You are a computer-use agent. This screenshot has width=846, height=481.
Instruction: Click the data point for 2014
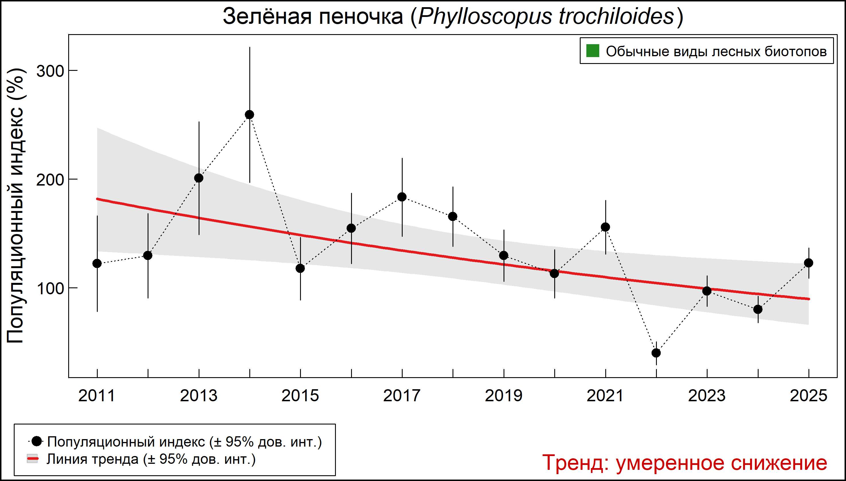pyautogui.click(x=250, y=115)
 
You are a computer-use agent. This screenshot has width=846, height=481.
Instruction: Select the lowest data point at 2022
pyautogui.click(x=656, y=353)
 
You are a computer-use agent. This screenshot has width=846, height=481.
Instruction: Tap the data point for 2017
pyautogui.click(x=402, y=197)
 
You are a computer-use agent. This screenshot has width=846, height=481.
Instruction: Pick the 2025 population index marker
pyautogui.click(x=809, y=263)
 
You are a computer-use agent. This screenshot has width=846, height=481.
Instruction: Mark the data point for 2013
pyautogui.click(x=199, y=178)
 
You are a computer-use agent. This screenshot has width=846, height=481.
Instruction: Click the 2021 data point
pyautogui.click(x=605, y=227)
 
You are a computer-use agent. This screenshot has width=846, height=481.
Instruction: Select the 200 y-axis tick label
pyautogui.click(x=50, y=180)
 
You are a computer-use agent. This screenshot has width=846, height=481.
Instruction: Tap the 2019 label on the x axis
pyautogui.click(x=504, y=396)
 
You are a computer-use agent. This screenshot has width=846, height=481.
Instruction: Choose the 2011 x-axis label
pyautogui.click(x=97, y=396)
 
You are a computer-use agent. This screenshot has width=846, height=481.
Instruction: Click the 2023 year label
pyautogui.click(x=707, y=396)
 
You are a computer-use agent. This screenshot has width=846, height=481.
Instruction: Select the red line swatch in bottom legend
pyautogui.click(x=32, y=459)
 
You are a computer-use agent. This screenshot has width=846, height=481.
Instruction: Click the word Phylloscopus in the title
pyautogui.click(x=485, y=17)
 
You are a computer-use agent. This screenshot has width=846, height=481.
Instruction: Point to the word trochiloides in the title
pyautogui.click(x=616, y=17)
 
